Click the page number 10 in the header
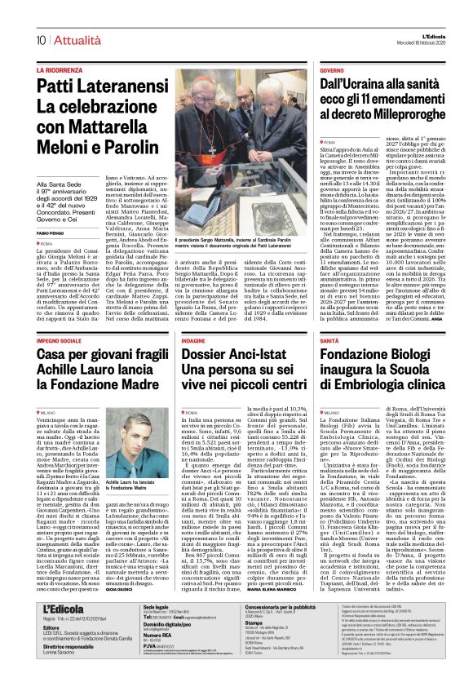pyautogui.click(x=40, y=38)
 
